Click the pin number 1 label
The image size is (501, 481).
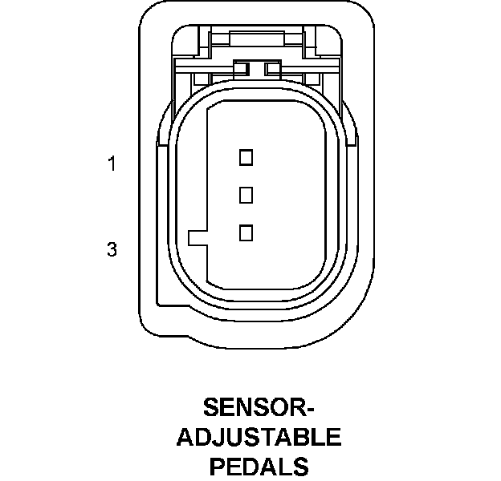tap(112, 164)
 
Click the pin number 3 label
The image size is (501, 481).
tap(112, 250)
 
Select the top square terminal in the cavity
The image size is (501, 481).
tap(246, 157)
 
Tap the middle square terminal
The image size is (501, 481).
tap(246, 195)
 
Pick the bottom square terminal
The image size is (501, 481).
tap(246, 232)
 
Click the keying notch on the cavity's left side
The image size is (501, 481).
tap(197, 238)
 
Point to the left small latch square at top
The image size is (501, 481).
tap(240, 68)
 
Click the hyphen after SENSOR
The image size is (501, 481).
tap(308, 410)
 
